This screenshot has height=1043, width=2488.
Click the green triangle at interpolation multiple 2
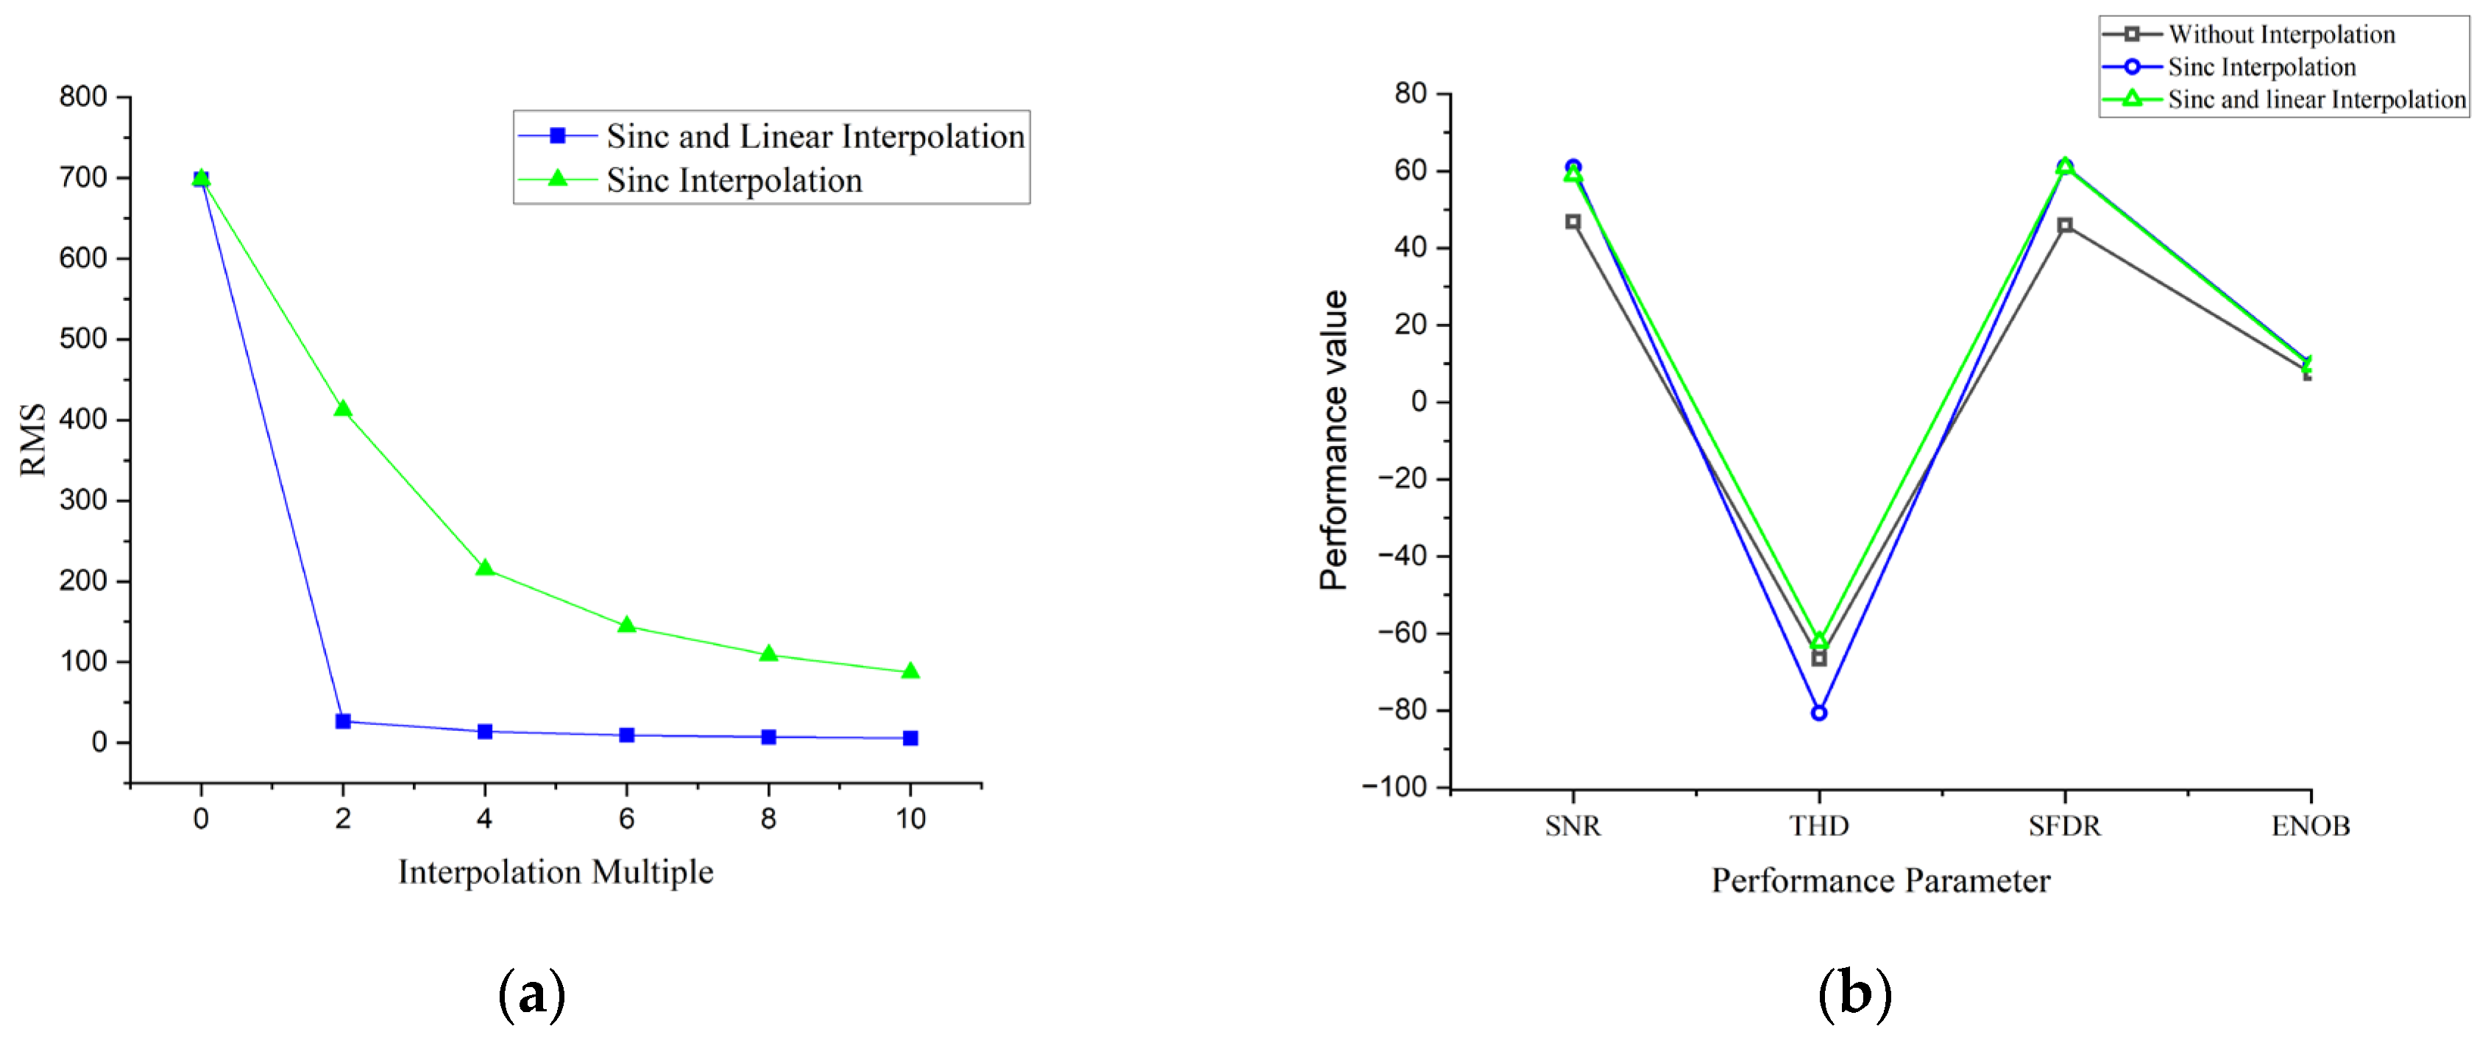(343, 409)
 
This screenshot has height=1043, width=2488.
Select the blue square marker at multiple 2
(343, 721)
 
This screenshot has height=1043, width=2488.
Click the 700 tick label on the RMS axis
(83, 177)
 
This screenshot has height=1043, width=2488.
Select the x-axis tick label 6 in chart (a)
(627, 819)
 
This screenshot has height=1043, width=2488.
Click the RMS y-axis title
(33, 439)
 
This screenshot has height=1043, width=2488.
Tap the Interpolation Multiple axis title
(556, 872)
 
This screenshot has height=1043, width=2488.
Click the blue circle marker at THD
(1818, 713)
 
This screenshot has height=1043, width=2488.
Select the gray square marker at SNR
(1573, 222)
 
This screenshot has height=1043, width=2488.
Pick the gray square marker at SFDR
(2065, 225)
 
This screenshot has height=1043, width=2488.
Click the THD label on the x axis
(1818, 826)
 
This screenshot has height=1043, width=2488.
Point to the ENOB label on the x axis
(2311, 826)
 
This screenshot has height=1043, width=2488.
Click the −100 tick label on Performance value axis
(1394, 787)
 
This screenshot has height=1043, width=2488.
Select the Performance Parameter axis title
(1880, 881)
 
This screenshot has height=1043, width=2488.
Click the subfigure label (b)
(1854, 993)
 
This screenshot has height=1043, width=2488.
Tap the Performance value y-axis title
(1334, 439)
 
